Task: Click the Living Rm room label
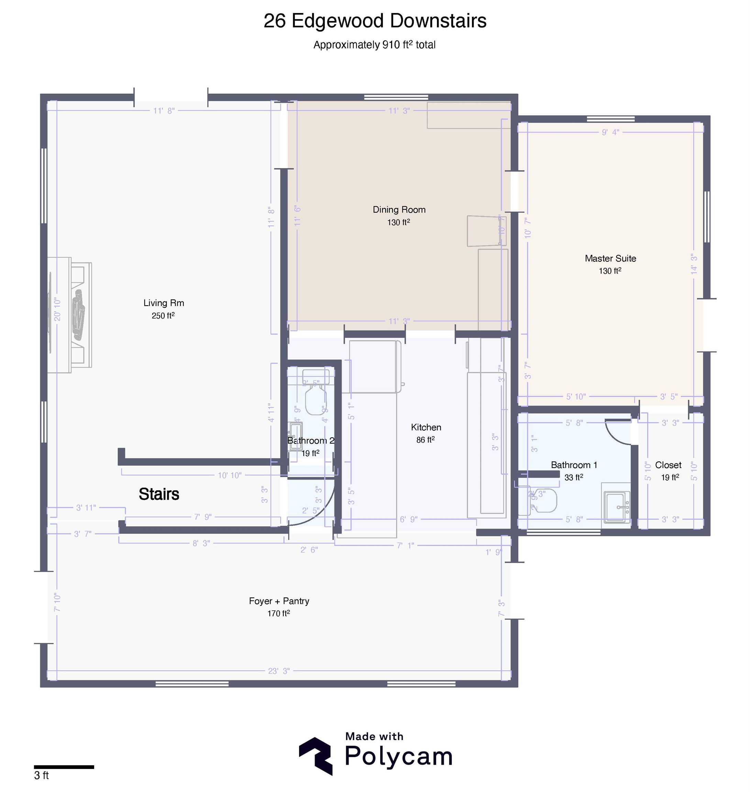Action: (x=164, y=303)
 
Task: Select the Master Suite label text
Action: (x=610, y=258)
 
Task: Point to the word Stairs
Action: (x=159, y=495)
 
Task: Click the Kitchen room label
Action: (x=426, y=427)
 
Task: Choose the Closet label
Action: (x=668, y=465)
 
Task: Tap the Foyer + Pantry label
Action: (x=279, y=601)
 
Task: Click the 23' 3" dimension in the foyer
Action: (x=279, y=671)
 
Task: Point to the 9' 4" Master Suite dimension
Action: (x=610, y=132)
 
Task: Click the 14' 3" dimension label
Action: (x=694, y=264)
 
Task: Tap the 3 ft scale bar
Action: (x=64, y=767)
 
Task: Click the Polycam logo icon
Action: (x=316, y=756)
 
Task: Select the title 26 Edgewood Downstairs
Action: (x=375, y=21)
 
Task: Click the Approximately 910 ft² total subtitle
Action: (x=374, y=45)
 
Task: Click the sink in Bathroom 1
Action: (x=617, y=507)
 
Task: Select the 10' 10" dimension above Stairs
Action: (x=230, y=475)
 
